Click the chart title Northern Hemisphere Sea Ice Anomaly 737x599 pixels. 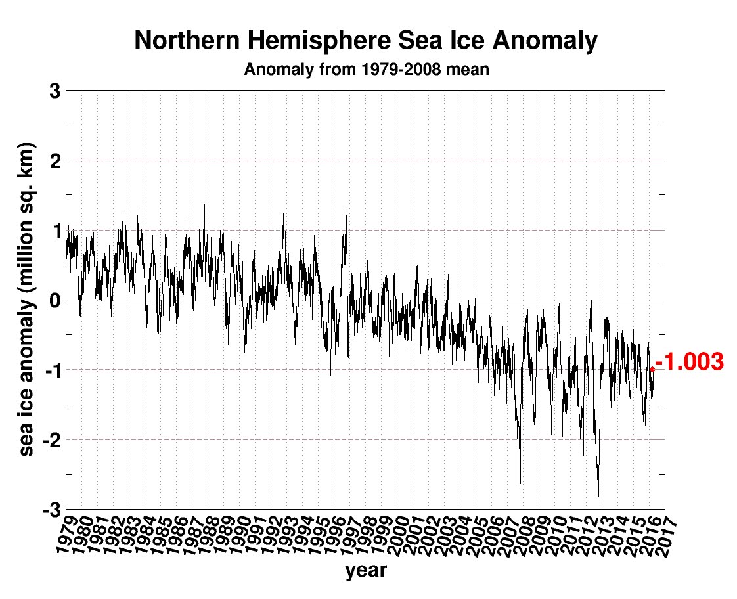[x=366, y=41]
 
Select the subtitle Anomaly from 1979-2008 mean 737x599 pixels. [x=366, y=69]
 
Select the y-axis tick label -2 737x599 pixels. [x=51, y=439]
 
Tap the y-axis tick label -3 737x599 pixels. [x=51, y=509]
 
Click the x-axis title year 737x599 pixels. [x=366, y=571]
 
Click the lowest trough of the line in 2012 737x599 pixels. [x=598, y=496]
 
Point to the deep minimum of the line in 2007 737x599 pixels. [x=520, y=483]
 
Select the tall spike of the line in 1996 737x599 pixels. [x=346, y=210]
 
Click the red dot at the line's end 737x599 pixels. [x=652, y=370]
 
